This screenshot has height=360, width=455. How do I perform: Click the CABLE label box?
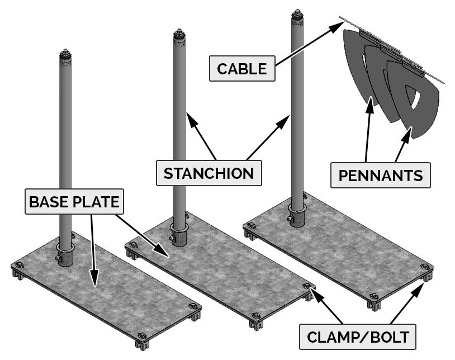point(242,69)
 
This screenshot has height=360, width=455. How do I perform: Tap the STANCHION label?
point(208,173)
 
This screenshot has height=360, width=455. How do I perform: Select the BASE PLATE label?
point(74,201)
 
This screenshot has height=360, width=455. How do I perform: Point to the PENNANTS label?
point(381,176)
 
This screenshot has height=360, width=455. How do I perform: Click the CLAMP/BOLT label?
point(358,337)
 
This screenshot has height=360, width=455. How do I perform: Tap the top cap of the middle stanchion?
point(179,35)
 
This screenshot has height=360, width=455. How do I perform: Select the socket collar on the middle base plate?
point(179,235)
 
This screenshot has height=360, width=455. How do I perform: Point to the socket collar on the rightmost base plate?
point(297,216)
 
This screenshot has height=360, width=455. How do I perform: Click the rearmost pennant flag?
point(353,61)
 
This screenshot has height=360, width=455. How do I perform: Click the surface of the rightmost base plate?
point(347,246)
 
